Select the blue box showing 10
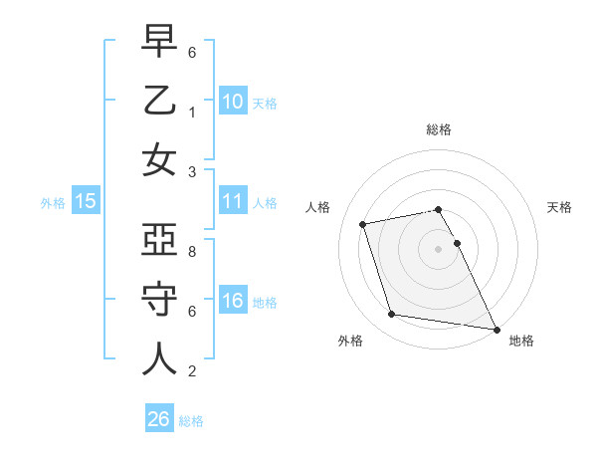point(233,101)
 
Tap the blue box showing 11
point(233,201)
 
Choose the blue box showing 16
point(233,301)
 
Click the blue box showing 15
point(86,201)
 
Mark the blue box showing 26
point(159,419)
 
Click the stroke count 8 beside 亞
point(191,253)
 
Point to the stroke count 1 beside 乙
point(191,113)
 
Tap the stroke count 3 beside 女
point(191,171)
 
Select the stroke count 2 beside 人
point(191,371)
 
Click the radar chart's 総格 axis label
point(439,129)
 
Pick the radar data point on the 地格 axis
point(496,328)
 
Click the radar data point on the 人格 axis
point(363,224)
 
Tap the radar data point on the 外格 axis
point(392,315)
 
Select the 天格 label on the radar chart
point(560,207)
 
